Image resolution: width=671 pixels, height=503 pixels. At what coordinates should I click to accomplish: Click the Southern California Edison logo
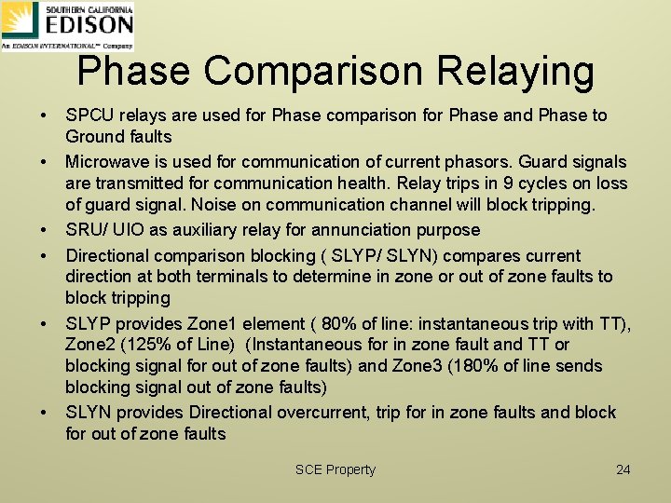click(x=67, y=25)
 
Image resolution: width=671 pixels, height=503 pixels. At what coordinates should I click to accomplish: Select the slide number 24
click(x=623, y=469)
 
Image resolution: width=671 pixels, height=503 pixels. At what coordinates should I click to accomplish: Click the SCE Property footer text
click(x=335, y=469)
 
